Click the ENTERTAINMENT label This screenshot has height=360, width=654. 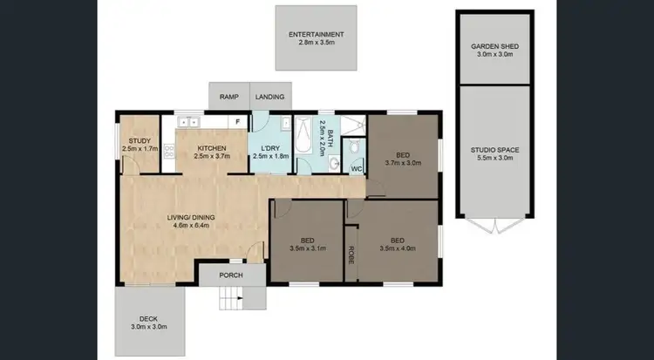pos(317,35)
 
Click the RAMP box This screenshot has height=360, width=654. pos(228,97)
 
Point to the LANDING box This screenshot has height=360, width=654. pos(270,97)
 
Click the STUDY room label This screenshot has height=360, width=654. pos(139,140)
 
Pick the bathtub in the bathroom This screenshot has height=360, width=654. pos(303,142)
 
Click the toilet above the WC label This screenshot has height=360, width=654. pos(355,146)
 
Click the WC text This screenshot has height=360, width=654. pos(356,167)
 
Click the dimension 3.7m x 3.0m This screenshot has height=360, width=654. pos(403,161)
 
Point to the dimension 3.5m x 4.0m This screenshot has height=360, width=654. pos(397,248)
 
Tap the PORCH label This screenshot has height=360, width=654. pos(230,275)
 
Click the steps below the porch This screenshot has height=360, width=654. pos(230,301)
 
